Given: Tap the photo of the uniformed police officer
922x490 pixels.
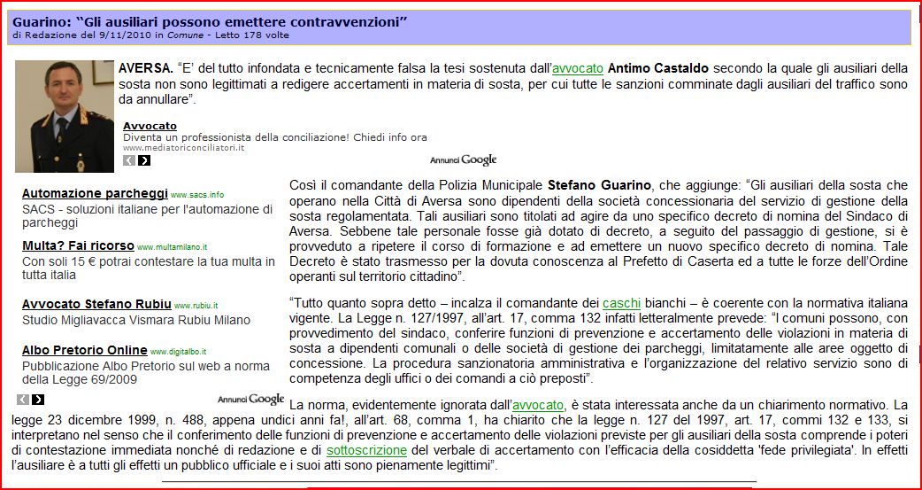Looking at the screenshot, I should pyautogui.click(x=65, y=116).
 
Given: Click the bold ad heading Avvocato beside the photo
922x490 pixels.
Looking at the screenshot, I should pyautogui.click(x=150, y=126).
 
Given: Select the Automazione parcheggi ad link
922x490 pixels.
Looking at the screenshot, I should pyautogui.click(x=95, y=193).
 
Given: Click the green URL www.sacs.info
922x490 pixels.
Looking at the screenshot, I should pyautogui.click(x=197, y=194).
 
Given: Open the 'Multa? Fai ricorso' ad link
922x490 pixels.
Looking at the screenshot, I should pyautogui.click(x=78, y=245).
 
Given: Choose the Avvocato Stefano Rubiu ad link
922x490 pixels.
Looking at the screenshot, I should pyautogui.click(x=96, y=304).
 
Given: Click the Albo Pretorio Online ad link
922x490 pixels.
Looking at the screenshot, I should pyautogui.click(x=85, y=350).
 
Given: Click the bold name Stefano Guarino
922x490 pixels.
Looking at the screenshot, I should pyautogui.click(x=599, y=185).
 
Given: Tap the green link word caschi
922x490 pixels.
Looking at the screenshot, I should pyautogui.click(x=621, y=303).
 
